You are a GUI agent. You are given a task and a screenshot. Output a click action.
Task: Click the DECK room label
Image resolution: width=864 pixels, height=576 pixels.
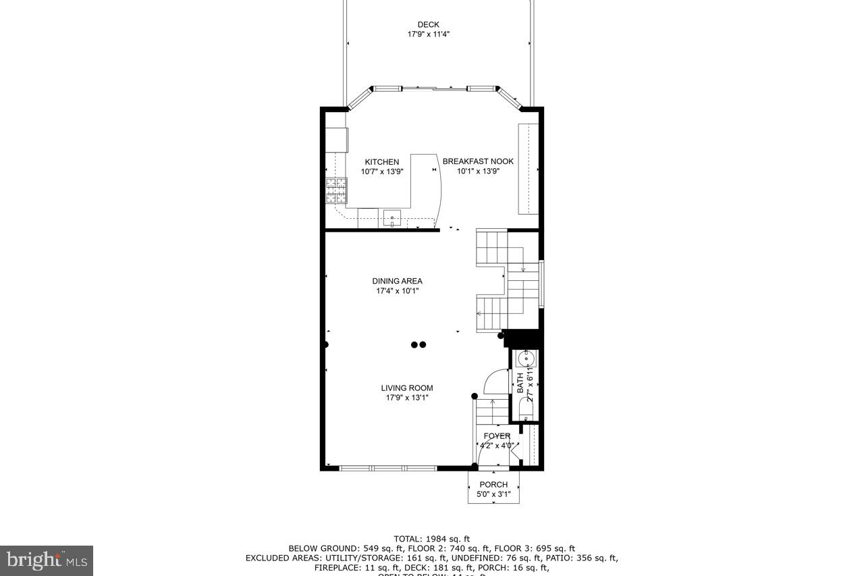[x=428, y=25]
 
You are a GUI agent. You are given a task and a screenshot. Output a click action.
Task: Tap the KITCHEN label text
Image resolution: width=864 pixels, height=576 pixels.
[x=381, y=162]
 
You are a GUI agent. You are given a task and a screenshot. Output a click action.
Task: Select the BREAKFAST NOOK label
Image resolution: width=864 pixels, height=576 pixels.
[x=478, y=161]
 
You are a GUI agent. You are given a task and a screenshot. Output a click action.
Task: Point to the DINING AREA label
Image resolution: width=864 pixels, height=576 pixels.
[x=397, y=281]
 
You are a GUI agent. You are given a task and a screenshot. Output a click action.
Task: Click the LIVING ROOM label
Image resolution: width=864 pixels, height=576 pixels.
[x=406, y=388]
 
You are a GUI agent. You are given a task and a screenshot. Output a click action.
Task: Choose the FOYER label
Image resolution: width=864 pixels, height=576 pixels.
[x=497, y=436]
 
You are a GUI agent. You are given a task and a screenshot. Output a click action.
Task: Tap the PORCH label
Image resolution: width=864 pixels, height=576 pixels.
[x=493, y=484]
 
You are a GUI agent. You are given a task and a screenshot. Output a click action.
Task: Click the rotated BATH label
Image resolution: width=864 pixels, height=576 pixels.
[x=520, y=384]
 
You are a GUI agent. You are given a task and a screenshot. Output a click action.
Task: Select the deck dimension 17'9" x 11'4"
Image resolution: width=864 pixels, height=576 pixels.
[x=428, y=34]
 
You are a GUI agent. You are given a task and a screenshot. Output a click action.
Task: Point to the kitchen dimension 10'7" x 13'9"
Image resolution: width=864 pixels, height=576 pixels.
[x=381, y=172]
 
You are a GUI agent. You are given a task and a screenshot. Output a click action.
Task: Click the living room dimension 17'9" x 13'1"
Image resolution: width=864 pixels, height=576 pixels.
[x=406, y=398]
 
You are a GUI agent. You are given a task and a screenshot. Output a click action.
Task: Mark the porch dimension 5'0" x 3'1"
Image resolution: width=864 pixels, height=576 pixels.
[x=493, y=494]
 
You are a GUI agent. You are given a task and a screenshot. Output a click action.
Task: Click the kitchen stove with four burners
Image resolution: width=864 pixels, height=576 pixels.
[x=336, y=190]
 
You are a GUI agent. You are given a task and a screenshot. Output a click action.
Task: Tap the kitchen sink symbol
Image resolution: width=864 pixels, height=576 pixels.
[x=391, y=218]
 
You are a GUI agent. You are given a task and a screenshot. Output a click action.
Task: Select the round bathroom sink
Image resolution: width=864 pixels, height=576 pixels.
[x=526, y=358]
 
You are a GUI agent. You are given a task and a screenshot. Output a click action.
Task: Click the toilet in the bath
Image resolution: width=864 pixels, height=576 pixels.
[x=526, y=407]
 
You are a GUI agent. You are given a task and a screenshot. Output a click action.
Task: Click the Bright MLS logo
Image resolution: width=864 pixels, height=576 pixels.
[x=47, y=560]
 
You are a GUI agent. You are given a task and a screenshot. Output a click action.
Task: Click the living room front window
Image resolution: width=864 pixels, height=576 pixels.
[x=387, y=468]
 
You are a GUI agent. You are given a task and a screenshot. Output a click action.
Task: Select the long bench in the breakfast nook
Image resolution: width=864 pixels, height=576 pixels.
[x=528, y=169]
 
